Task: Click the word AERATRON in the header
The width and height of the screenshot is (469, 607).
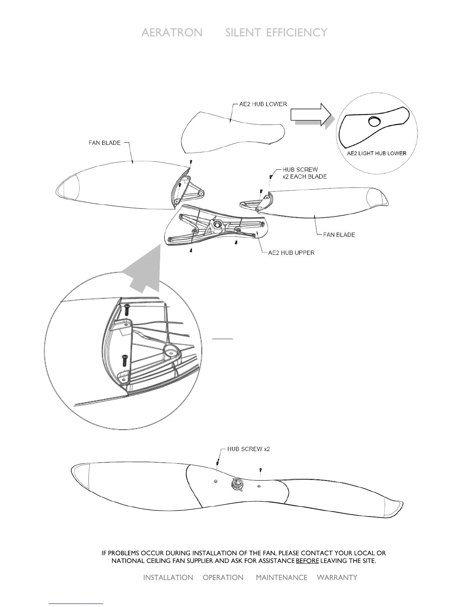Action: [x=172, y=33]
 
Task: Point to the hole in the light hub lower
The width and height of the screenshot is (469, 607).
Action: [x=374, y=122]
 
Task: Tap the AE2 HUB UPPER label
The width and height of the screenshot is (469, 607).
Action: [x=291, y=253]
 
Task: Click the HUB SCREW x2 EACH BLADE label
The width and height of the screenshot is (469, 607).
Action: [x=304, y=173]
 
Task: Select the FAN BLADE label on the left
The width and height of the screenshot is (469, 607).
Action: [x=105, y=143]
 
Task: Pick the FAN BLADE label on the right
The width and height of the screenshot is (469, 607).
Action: [x=339, y=235]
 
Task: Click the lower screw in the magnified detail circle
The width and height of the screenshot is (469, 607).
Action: [x=125, y=360]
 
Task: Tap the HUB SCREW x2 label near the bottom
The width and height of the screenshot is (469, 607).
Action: [x=248, y=449]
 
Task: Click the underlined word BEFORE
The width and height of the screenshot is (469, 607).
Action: [x=307, y=561]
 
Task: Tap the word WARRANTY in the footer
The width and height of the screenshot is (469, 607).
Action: [x=337, y=577]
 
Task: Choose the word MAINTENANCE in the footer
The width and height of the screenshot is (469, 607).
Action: [x=281, y=577]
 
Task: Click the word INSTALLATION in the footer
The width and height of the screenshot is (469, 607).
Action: [x=168, y=577]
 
